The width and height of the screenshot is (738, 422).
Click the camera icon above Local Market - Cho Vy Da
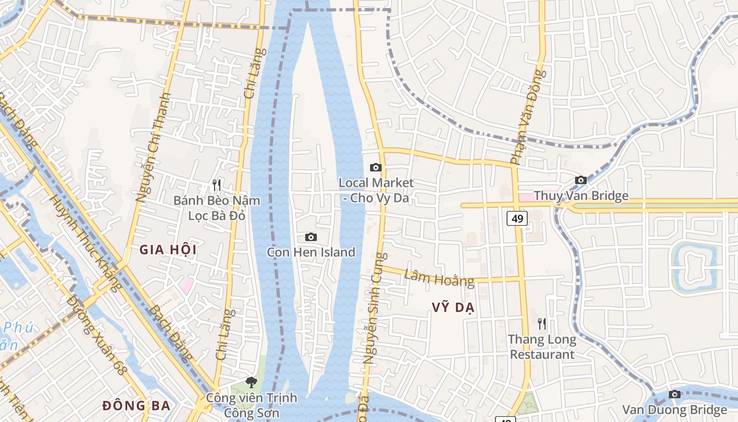(375, 168)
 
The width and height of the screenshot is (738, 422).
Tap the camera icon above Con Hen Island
(311, 237)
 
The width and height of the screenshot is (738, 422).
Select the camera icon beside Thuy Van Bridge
(580, 180)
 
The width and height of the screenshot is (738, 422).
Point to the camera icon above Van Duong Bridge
(674, 394)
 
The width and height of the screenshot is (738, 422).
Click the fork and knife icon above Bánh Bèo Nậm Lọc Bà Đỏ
(216, 185)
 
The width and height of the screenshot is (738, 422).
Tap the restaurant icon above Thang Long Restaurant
(541, 323)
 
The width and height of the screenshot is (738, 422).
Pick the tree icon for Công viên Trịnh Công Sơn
(251, 382)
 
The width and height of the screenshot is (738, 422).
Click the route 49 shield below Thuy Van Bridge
(517, 218)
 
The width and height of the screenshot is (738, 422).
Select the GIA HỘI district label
(168, 250)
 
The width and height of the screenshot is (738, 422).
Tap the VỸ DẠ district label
(453, 308)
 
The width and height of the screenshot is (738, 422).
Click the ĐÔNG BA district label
(137, 406)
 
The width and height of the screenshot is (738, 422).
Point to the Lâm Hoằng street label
(439, 278)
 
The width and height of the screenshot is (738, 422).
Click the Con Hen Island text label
(311, 252)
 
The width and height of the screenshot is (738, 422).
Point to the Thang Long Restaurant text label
(542, 347)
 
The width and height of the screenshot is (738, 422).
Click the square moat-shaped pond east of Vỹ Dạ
(694, 267)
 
